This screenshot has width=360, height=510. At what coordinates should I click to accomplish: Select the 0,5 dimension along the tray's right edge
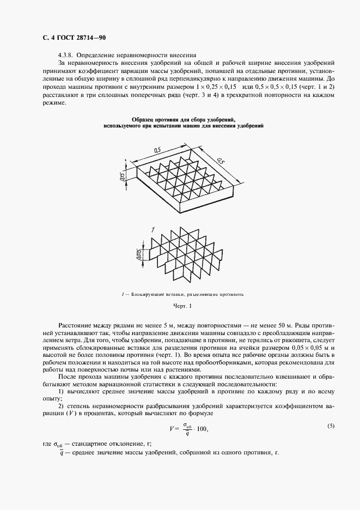221,162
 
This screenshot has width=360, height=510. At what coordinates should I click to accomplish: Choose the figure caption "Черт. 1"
179,307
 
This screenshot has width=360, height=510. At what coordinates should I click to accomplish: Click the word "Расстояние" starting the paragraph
75,325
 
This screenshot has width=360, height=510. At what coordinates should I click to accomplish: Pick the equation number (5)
331,426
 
